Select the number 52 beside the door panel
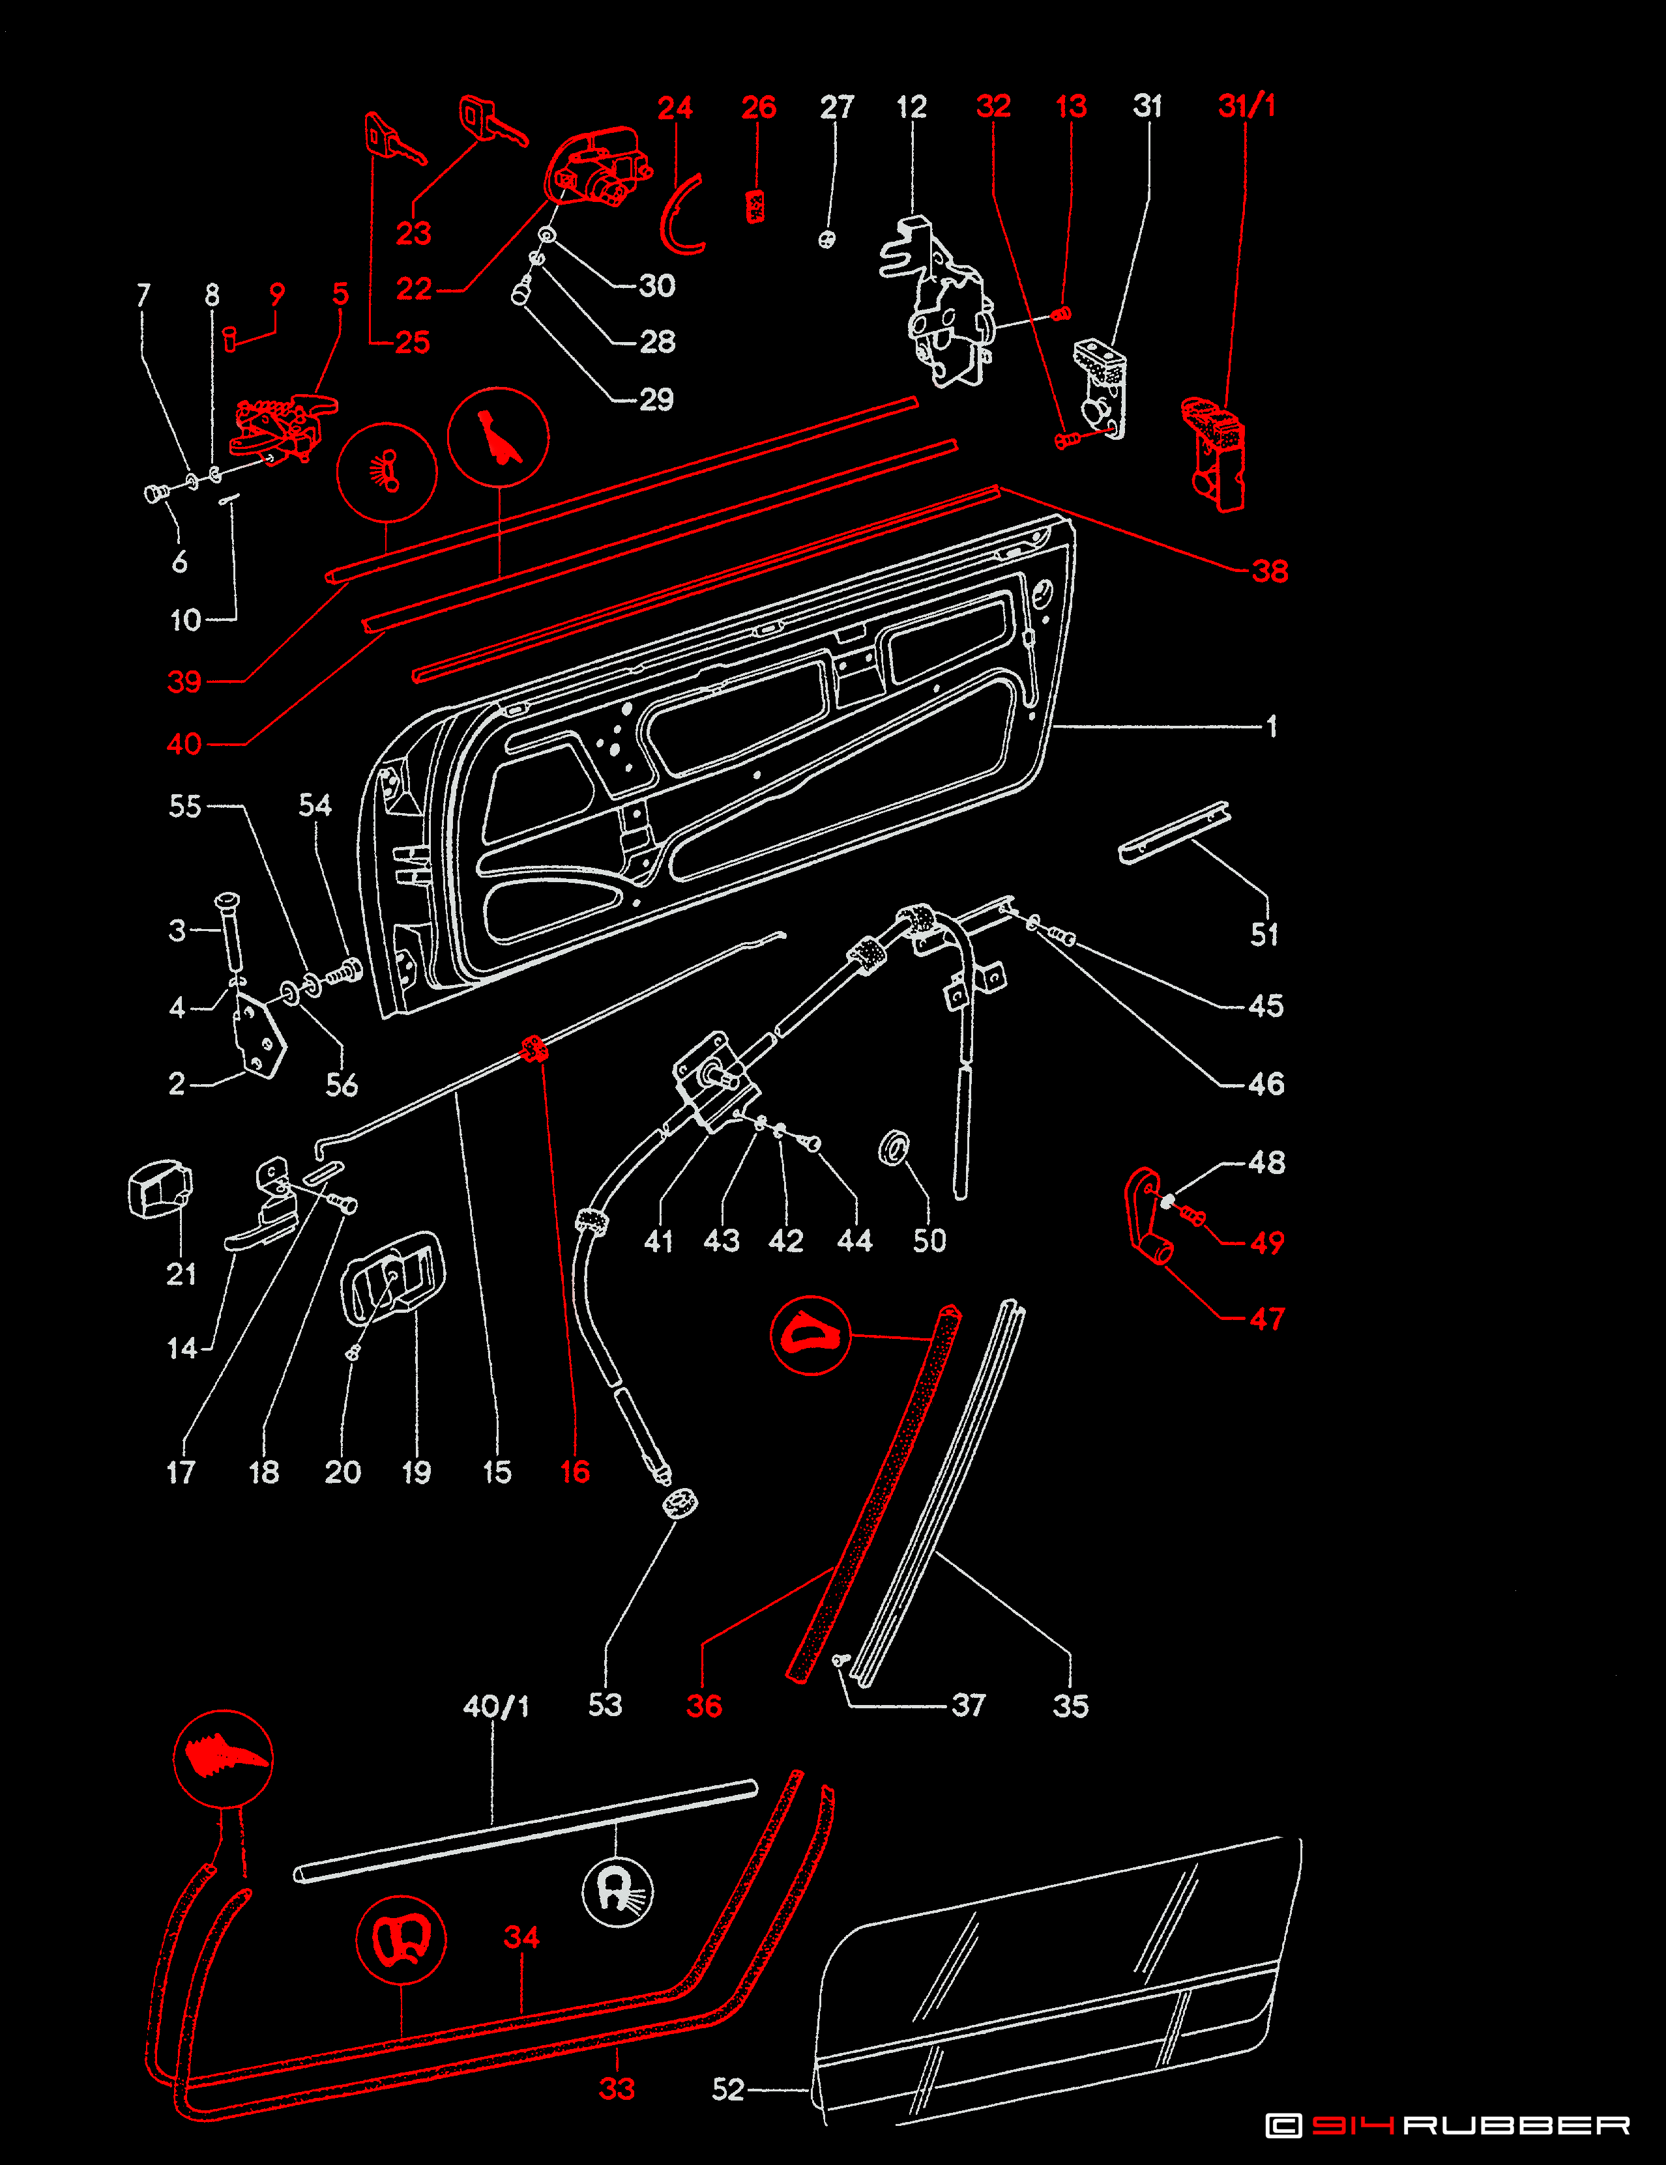[728, 2089]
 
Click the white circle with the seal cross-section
[617, 1891]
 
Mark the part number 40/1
[496, 1706]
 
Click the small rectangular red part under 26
[755, 205]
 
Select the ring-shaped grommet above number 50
[894, 1147]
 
